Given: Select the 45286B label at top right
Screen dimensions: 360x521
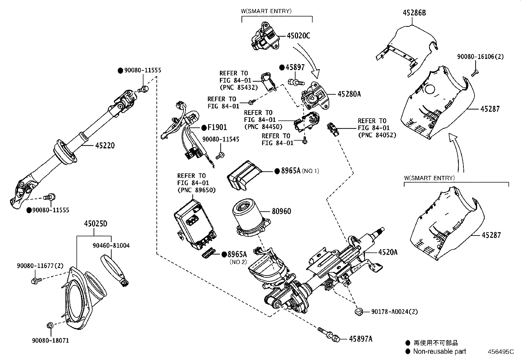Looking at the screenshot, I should tap(414, 13).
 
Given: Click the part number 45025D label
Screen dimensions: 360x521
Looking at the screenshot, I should tap(95, 224).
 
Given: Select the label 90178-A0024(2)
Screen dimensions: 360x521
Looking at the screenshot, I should tap(394, 312).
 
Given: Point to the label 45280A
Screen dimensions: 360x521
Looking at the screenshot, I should tap(349, 94).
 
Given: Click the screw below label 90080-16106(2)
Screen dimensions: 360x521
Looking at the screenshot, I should tap(475, 72).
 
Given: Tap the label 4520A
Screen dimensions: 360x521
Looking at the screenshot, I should tap(388, 252).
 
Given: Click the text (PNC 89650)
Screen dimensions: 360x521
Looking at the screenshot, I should tap(196, 190).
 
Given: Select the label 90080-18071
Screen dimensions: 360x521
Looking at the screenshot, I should tap(50, 341).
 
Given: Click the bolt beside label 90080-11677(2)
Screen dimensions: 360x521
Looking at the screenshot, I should tap(36, 281).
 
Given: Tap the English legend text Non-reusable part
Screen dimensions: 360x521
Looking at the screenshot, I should tap(440, 351).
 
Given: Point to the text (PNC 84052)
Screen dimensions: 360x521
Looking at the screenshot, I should tap(377, 135).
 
